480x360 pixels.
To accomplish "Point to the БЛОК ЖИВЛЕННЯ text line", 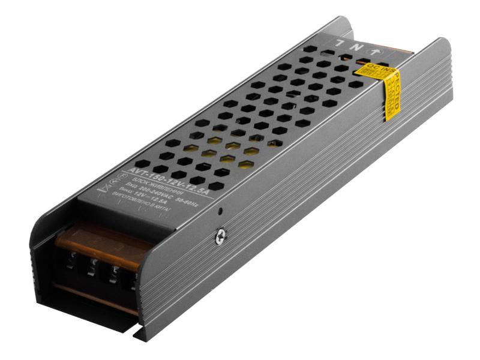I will (157, 188).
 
